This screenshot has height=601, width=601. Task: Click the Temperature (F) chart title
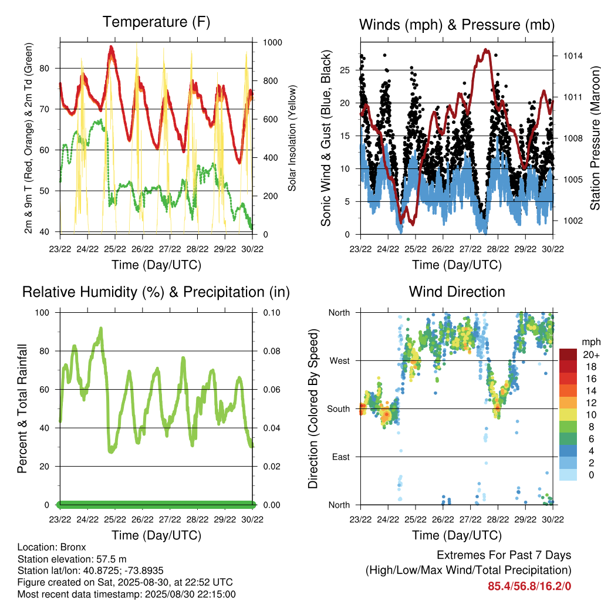pyautogui.click(x=156, y=22)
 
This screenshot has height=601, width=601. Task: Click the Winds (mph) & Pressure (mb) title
pyautogui.click(x=457, y=25)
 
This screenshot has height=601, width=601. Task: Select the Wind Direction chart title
pyautogui.click(x=457, y=292)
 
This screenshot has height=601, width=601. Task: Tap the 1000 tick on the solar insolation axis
pyautogui.click(x=272, y=42)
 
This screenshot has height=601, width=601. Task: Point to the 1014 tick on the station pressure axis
pyautogui.click(x=573, y=56)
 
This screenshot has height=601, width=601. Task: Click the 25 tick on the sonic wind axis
pyautogui.click(x=345, y=70)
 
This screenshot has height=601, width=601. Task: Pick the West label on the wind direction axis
pyautogui.click(x=340, y=361)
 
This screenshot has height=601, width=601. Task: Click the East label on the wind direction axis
pyautogui.click(x=341, y=457)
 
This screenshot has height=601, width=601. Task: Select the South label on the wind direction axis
pyautogui.click(x=339, y=409)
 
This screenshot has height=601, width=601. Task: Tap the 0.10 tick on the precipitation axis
pyautogui.click(x=272, y=313)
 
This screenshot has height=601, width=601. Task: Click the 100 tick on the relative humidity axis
pyautogui.click(x=42, y=313)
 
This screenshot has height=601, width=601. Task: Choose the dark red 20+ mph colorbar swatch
pyautogui.click(x=568, y=354)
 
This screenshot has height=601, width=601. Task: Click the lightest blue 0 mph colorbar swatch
pyautogui.click(x=568, y=474)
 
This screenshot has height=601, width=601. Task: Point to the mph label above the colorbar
pyautogui.click(x=590, y=342)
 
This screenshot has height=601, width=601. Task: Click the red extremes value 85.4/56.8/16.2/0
pyautogui.click(x=529, y=586)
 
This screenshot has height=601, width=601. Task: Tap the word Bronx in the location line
pyautogui.click(x=73, y=547)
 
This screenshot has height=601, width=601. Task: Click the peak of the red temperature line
pyautogui.click(x=111, y=47)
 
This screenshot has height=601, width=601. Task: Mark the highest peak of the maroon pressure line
pyautogui.click(x=486, y=49)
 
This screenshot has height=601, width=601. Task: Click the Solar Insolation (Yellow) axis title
pyautogui.click(x=292, y=138)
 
